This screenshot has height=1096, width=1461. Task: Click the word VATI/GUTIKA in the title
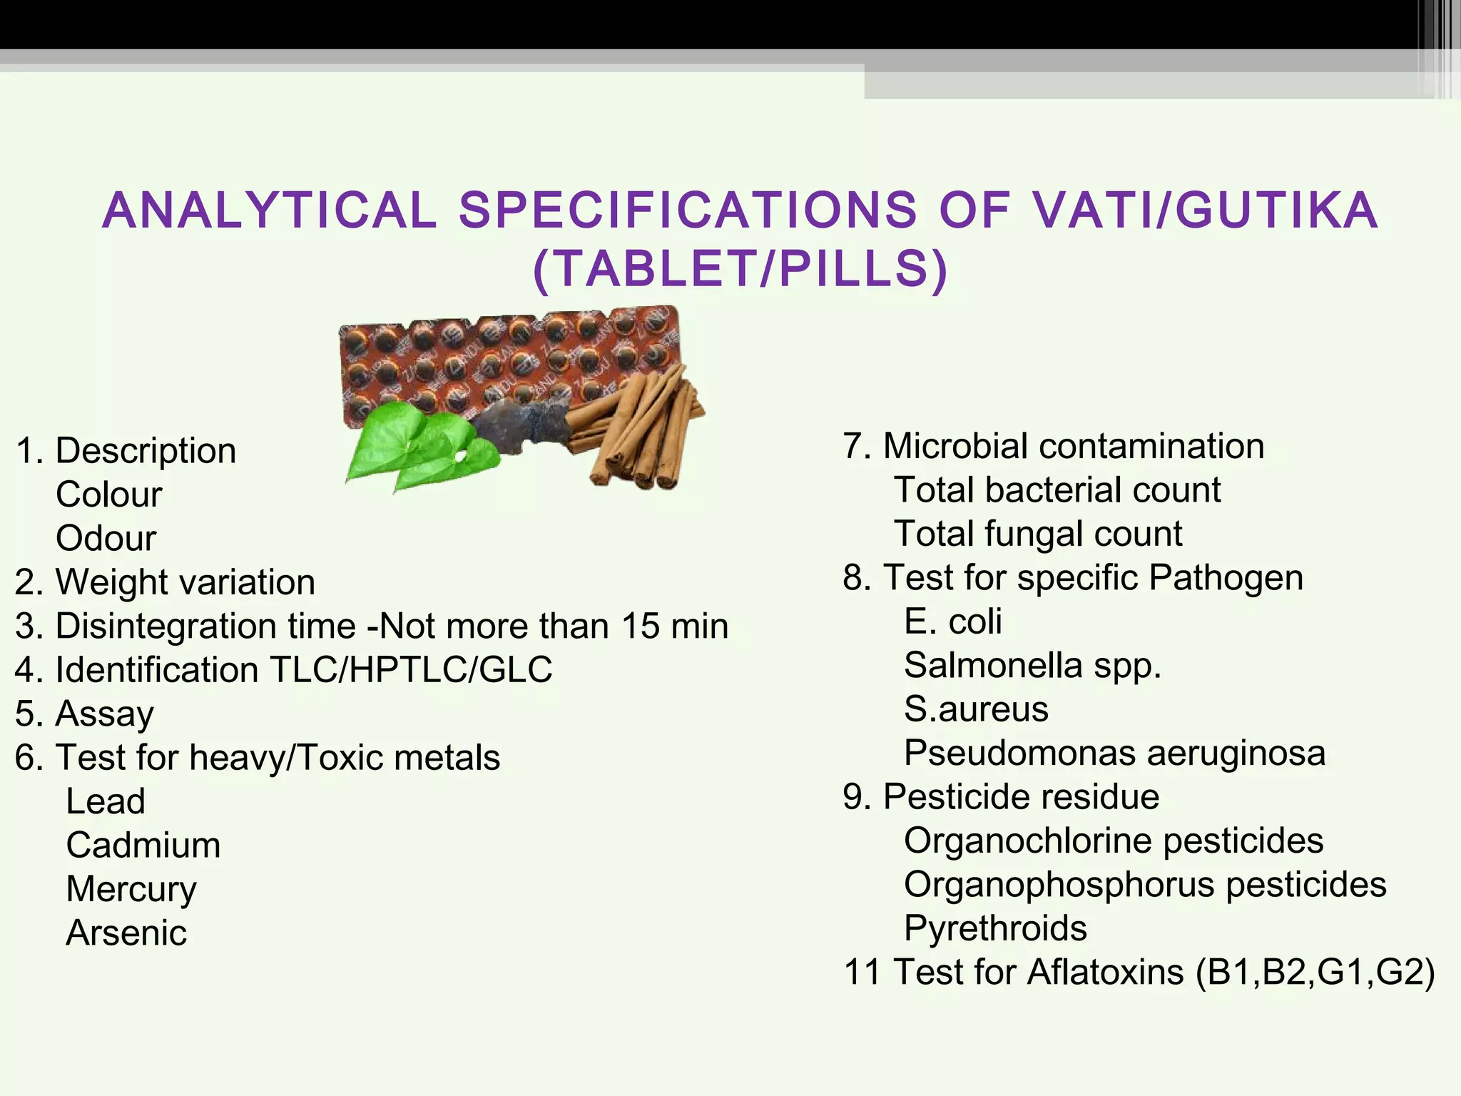(1206, 210)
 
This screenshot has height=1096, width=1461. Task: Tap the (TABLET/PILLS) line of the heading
(740, 269)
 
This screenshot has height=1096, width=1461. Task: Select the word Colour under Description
(109, 494)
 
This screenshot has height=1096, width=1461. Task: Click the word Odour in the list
(106, 538)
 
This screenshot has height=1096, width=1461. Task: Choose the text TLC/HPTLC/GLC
(411, 670)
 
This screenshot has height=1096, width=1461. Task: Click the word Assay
(105, 714)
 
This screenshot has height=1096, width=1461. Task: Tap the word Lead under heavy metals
(106, 801)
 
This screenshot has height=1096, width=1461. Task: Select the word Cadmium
(143, 845)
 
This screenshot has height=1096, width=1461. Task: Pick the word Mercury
(131, 889)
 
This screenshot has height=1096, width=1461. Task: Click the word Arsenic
(126, 933)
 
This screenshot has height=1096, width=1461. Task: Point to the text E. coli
(953, 621)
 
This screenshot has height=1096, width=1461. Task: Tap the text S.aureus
(976, 709)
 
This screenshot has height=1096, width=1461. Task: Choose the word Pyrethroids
(995, 928)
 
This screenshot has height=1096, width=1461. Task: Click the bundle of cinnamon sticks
(642, 428)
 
